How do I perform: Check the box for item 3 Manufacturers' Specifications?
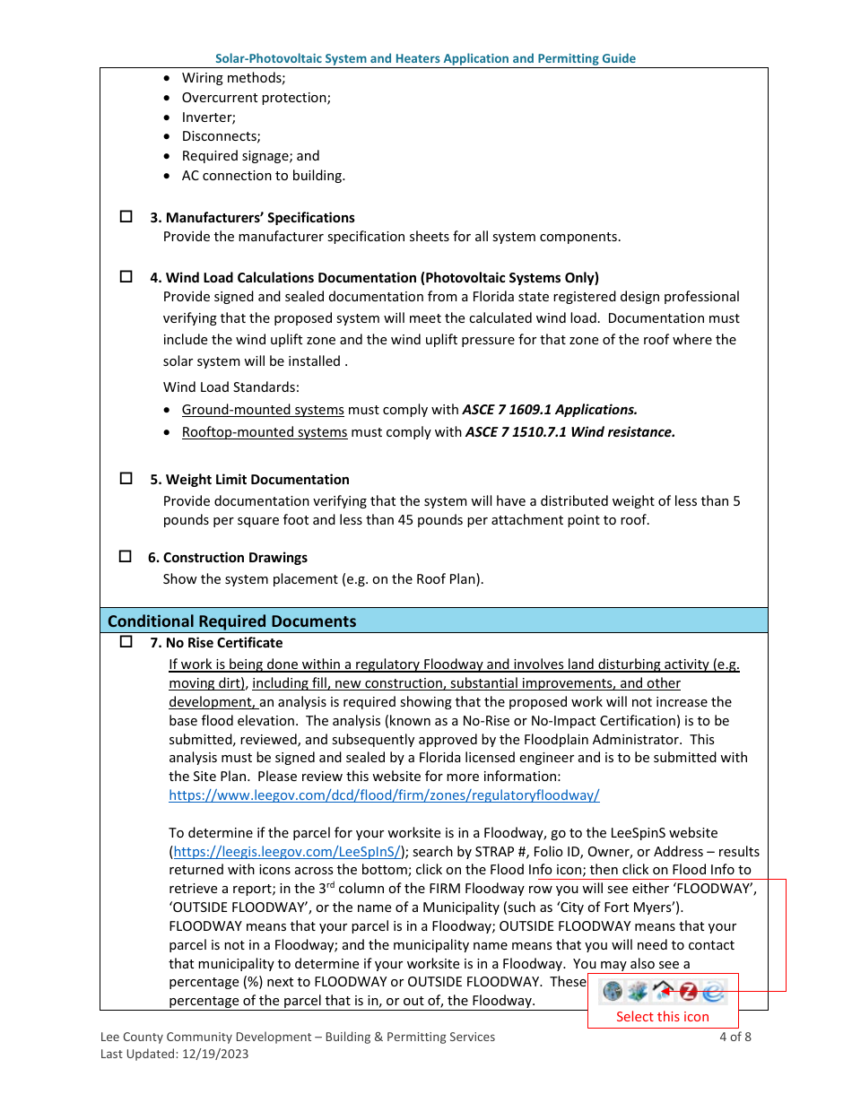pos(126,217)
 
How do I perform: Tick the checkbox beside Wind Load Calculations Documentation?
pos(126,277)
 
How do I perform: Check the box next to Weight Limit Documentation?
pos(126,479)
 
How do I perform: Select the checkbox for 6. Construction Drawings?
pos(126,557)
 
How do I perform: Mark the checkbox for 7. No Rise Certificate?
pos(126,642)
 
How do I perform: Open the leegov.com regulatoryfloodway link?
pos(384,795)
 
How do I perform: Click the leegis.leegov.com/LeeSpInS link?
pos(287,852)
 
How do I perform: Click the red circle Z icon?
pos(688,991)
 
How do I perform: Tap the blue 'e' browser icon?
pos(713,991)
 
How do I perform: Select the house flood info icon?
pos(663,991)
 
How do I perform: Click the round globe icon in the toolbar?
pos(613,991)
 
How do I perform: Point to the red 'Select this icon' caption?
pos(662,1017)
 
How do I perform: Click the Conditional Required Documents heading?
pos(231,621)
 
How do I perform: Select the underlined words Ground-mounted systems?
pos(263,410)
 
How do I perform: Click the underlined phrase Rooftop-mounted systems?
pos(265,432)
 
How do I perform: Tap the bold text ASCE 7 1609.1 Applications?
pos(550,410)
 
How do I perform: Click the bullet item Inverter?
pos(209,117)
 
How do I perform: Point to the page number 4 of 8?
pos(735,1038)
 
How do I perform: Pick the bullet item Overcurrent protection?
pos(256,98)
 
